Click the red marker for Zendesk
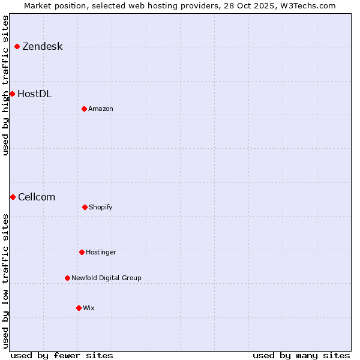tap(17, 47)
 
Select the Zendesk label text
tap(42, 47)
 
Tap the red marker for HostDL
tap(12, 94)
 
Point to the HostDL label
tap(34, 94)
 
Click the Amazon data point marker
tap(84, 109)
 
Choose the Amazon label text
tap(101, 109)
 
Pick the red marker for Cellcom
tap(13, 197)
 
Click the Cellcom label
tap(37, 197)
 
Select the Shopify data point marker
tap(85, 207)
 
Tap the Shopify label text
tap(101, 207)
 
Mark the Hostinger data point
tap(82, 252)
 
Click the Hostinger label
tap(101, 252)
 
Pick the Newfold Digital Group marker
tap(67, 278)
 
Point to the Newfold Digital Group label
tap(106, 278)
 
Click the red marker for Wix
tap(79, 308)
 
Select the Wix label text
tap(89, 308)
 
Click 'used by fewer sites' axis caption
tap(62, 355)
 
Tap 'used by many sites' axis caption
tap(301, 355)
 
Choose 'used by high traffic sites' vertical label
tap(5, 85)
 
